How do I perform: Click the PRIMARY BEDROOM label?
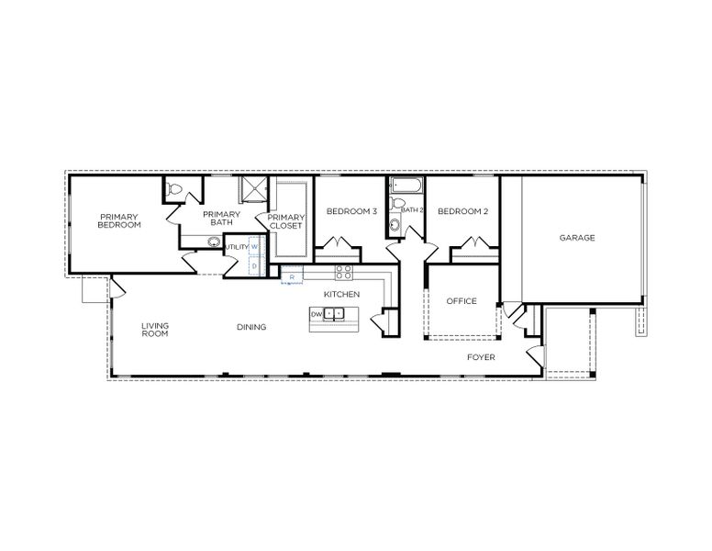tap(119, 220)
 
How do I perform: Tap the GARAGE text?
tap(577, 238)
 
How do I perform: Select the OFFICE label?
tap(462, 301)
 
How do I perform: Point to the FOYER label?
tap(481, 356)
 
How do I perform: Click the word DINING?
tap(251, 327)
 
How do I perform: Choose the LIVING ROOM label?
tap(155, 330)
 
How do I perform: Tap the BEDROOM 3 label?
tap(351, 212)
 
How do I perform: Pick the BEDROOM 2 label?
tap(462, 212)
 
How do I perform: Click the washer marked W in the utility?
tap(256, 247)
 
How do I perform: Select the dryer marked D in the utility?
tap(256, 265)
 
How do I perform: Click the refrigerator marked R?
tap(292, 275)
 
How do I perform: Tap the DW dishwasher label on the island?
tap(317, 314)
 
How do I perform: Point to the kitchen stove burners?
tap(344, 272)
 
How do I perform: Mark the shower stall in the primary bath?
tap(251, 190)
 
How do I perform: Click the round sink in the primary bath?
tap(214, 243)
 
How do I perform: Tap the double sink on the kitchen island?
tap(335, 314)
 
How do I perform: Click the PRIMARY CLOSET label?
tap(285, 221)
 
